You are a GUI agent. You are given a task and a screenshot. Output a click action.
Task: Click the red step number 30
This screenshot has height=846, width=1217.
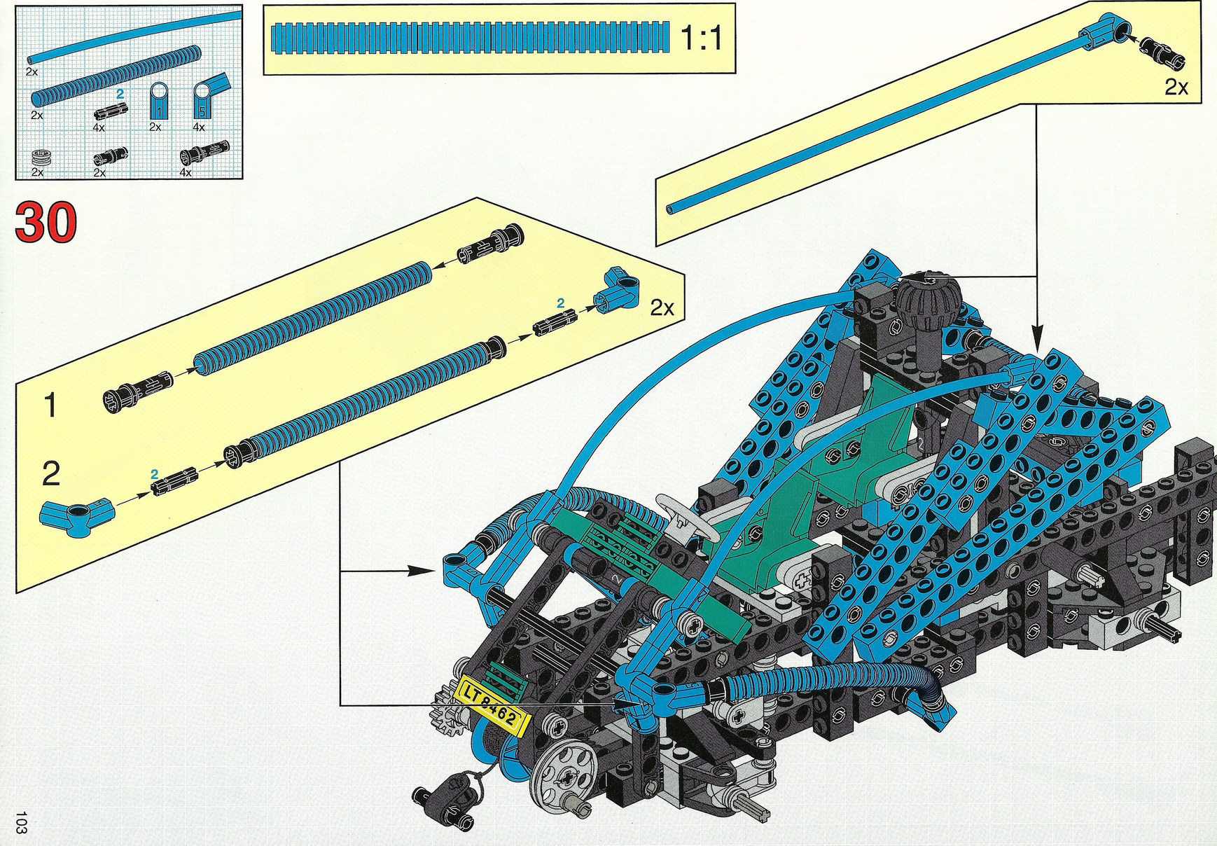pos(46,222)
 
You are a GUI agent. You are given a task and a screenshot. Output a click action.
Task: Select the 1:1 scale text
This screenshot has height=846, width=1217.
pos(702,37)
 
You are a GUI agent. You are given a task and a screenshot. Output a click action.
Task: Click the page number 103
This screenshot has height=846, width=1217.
pos(21,822)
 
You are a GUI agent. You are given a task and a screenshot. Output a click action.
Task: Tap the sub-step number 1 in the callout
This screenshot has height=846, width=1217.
pos(50,405)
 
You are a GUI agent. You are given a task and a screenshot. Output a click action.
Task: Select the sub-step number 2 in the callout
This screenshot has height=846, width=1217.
pos(51,474)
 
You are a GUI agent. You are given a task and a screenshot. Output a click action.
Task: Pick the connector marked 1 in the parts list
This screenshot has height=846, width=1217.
pos(159,102)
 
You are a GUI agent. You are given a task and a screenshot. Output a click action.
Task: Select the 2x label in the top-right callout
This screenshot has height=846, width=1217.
pos(1176,87)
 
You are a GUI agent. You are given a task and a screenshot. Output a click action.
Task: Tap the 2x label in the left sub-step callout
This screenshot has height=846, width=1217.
pos(662,307)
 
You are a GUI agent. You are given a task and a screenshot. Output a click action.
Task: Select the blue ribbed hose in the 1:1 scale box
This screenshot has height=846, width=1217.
pos(470,38)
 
